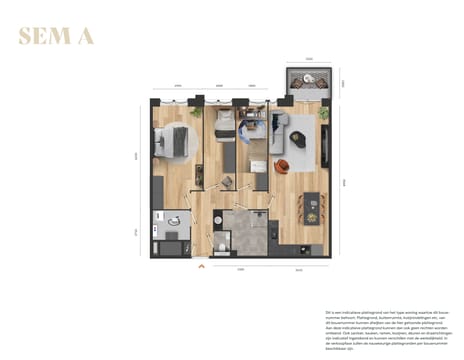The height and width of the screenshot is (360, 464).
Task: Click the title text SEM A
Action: (x=56, y=38)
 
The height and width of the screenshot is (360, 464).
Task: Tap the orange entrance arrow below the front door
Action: (x=201, y=266)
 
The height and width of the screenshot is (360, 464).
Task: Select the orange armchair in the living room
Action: (x=285, y=167)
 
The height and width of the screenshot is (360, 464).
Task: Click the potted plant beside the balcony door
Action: (x=323, y=114)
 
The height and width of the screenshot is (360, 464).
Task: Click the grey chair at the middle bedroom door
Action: (x=227, y=181)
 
